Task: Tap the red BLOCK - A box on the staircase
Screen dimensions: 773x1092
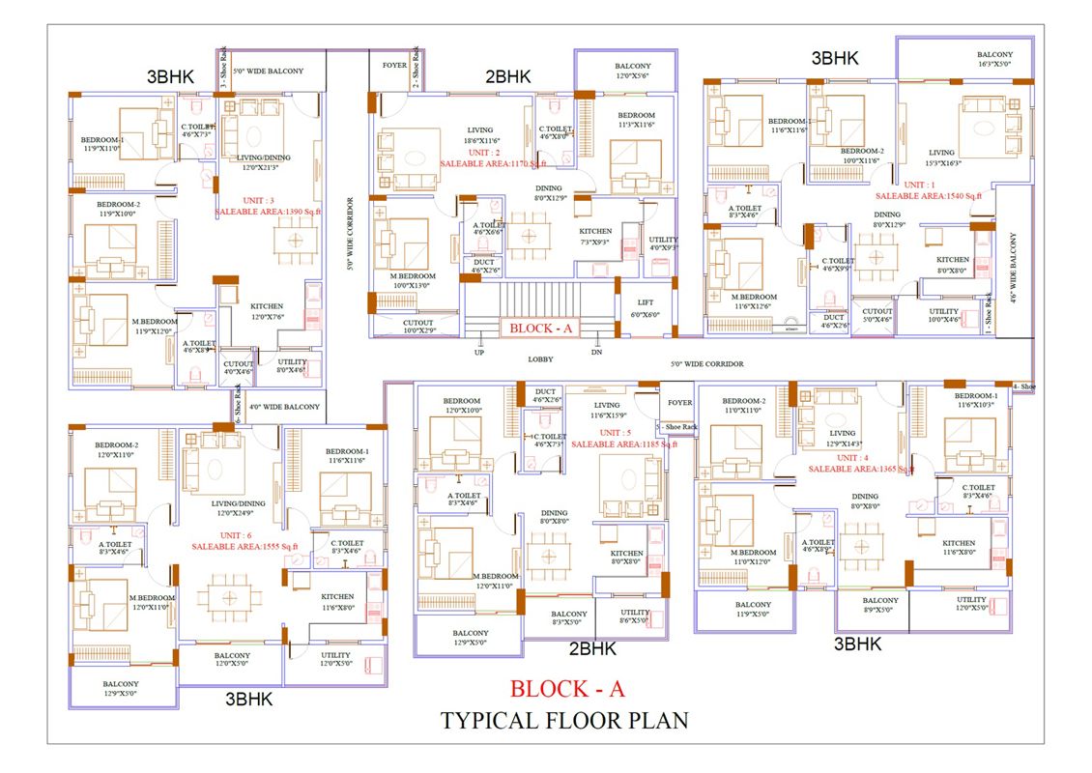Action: click(541, 328)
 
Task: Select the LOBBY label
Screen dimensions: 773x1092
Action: click(540, 359)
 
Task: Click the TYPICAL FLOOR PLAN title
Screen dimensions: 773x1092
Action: click(564, 720)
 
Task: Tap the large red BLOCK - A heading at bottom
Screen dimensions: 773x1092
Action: click(567, 689)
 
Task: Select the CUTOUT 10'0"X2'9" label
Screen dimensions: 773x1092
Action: click(411, 327)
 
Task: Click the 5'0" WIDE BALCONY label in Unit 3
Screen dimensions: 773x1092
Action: click(268, 71)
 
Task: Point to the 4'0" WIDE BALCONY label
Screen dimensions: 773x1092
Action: click(284, 407)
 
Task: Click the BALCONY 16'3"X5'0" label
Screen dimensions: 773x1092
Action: click(994, 60)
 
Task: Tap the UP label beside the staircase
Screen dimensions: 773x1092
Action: click(480, 352)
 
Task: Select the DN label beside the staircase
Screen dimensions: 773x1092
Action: click(597, 352)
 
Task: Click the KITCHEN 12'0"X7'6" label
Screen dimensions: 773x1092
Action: click(267, 311)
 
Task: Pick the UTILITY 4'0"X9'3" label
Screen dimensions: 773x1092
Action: click(664, 243)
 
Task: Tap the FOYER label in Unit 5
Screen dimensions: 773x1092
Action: click(680, 403)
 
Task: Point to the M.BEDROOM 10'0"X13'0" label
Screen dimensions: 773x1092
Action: click(413, 280)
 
